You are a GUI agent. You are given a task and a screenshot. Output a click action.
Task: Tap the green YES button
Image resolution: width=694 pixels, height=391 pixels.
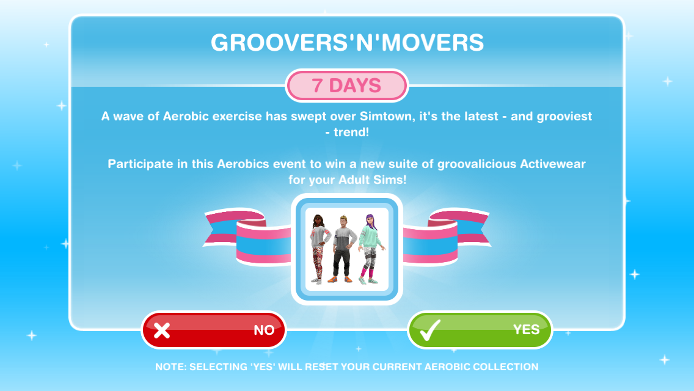click(x=480, y=330)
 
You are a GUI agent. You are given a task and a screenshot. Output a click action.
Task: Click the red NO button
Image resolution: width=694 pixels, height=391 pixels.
click(x=214, y=330)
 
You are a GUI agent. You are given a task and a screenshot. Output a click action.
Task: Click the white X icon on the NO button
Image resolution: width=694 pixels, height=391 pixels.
click(x=161, y=331)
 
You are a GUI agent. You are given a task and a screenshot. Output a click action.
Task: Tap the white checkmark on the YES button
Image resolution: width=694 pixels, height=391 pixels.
click(x=429, y=330)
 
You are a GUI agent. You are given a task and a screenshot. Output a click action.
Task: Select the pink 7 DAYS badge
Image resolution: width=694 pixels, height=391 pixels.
click(x=346, y=86)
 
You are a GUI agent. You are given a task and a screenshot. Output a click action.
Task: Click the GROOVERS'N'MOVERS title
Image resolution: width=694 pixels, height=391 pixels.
click(x=347, y=43)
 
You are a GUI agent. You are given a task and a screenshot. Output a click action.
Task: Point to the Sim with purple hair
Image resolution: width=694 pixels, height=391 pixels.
click(x=371, y=249)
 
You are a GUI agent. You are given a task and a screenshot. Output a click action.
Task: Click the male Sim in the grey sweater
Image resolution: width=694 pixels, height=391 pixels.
click(x=343, y=249)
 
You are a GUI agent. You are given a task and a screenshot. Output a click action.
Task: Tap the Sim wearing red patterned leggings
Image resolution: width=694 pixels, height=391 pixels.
click(x=320, y=249)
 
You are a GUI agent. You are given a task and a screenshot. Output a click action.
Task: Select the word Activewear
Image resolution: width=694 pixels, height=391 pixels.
click(x=553, y=164)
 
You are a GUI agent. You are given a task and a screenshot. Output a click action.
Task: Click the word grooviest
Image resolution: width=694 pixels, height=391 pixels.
click(x=564, y=117)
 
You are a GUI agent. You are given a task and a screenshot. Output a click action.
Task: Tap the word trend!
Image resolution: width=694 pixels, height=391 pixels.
click(x=351, y=133)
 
